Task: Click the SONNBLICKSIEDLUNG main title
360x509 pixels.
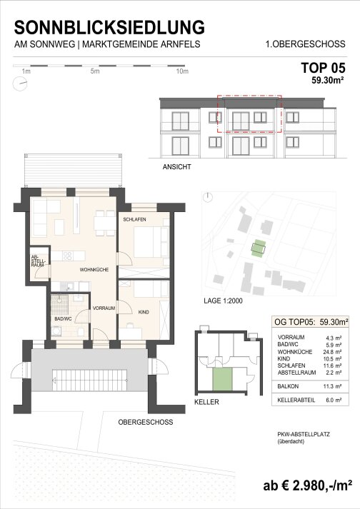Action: click(109, 27)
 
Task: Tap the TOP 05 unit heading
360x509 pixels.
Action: click(323, 68)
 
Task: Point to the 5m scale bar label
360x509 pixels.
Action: click(95, 71)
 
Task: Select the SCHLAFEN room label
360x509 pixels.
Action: click(134, 219)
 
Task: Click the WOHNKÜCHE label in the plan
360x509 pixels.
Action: click(94, 269)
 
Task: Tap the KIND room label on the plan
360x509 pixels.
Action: click(144, 312)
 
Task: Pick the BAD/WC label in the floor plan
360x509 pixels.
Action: click(63, 319)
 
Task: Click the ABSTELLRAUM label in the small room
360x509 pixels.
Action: click(39, 261)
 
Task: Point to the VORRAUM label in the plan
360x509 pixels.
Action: click(104, 308)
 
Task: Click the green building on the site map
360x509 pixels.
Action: click(259, 248)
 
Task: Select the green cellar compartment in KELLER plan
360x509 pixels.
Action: click(223, 379)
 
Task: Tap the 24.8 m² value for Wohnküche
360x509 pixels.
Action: click(334, 352)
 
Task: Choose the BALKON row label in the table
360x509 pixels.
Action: click(288, 386)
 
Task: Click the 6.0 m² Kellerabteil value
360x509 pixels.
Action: click(334, 400)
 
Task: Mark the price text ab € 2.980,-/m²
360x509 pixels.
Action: click(308, 485)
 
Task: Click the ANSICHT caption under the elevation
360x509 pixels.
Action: click(176, 167)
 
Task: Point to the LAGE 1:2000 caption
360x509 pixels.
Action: click(223, 301)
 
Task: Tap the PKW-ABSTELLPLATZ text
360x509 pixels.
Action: click(304, 434)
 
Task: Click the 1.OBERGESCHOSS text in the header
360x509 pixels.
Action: click(306, 44)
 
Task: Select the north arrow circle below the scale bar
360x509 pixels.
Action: click(20, 84)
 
